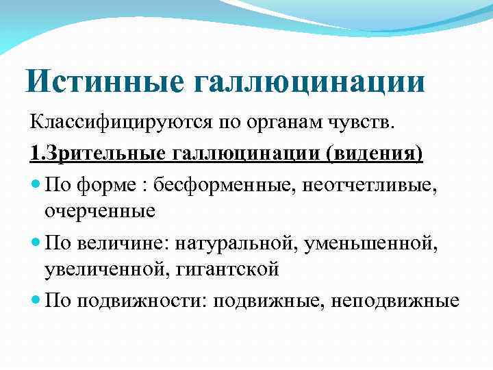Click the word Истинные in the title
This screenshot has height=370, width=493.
(103, 81)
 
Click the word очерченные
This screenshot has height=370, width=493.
(100, 211)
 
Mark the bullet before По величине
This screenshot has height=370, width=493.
(35, 242)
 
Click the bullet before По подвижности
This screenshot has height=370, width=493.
(35, 300)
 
